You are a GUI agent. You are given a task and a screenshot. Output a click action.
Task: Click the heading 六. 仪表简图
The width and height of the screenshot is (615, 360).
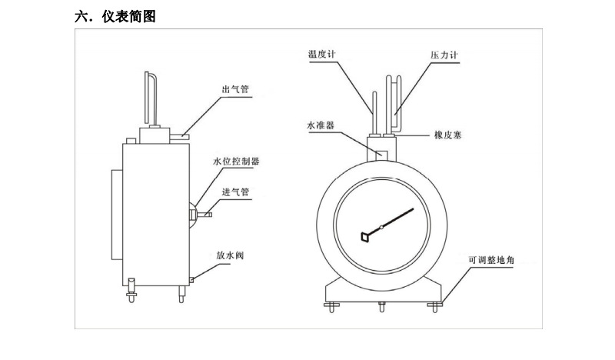click(x=115, y=15)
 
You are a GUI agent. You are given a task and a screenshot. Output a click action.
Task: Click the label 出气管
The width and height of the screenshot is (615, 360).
click(x=234, y=90)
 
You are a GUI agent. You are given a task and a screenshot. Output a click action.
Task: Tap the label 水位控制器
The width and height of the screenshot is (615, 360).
click(x=237, y=162)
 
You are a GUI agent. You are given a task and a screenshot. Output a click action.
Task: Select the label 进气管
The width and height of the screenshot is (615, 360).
click(x=234, y=192)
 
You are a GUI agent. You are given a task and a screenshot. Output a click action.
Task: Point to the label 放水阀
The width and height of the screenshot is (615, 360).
click(x=230, y=255)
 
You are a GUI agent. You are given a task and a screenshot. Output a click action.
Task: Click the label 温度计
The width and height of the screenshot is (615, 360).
click(x=323, y=54)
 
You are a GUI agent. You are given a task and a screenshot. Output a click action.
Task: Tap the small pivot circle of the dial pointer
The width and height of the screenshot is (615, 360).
click(x=381, y=228)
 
